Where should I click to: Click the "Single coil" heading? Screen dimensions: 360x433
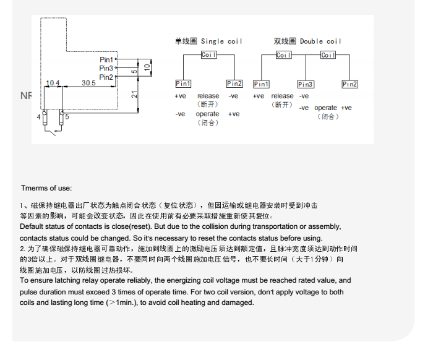click(208, 41)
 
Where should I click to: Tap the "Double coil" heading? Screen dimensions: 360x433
click(307, 41)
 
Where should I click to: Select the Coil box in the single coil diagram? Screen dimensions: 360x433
click(209, 55)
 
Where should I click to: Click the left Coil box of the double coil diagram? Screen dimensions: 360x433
click(284, 55)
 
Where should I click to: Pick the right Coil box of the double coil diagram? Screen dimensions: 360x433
click(328, 55)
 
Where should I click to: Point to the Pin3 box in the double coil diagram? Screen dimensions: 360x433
click(306, 84)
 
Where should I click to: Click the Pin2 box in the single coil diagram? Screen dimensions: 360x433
click(234, 84)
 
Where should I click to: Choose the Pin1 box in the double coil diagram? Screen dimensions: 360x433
click(262, 84)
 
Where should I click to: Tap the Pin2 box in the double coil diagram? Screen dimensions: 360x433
click(350, 84)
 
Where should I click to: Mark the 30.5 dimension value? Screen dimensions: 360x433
click(88, 83)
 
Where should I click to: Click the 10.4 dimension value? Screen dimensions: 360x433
click(53, 83)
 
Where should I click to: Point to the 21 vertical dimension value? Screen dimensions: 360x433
click(134, 95)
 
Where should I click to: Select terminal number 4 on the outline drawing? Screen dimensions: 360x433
click(39, 116)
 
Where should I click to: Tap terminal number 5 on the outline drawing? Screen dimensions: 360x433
click(67, 116)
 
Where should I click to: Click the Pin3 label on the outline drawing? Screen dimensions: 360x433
click(106, 68)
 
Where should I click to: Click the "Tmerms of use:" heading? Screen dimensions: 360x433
click(46, 188)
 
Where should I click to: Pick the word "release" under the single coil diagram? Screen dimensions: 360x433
click(208, 96)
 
